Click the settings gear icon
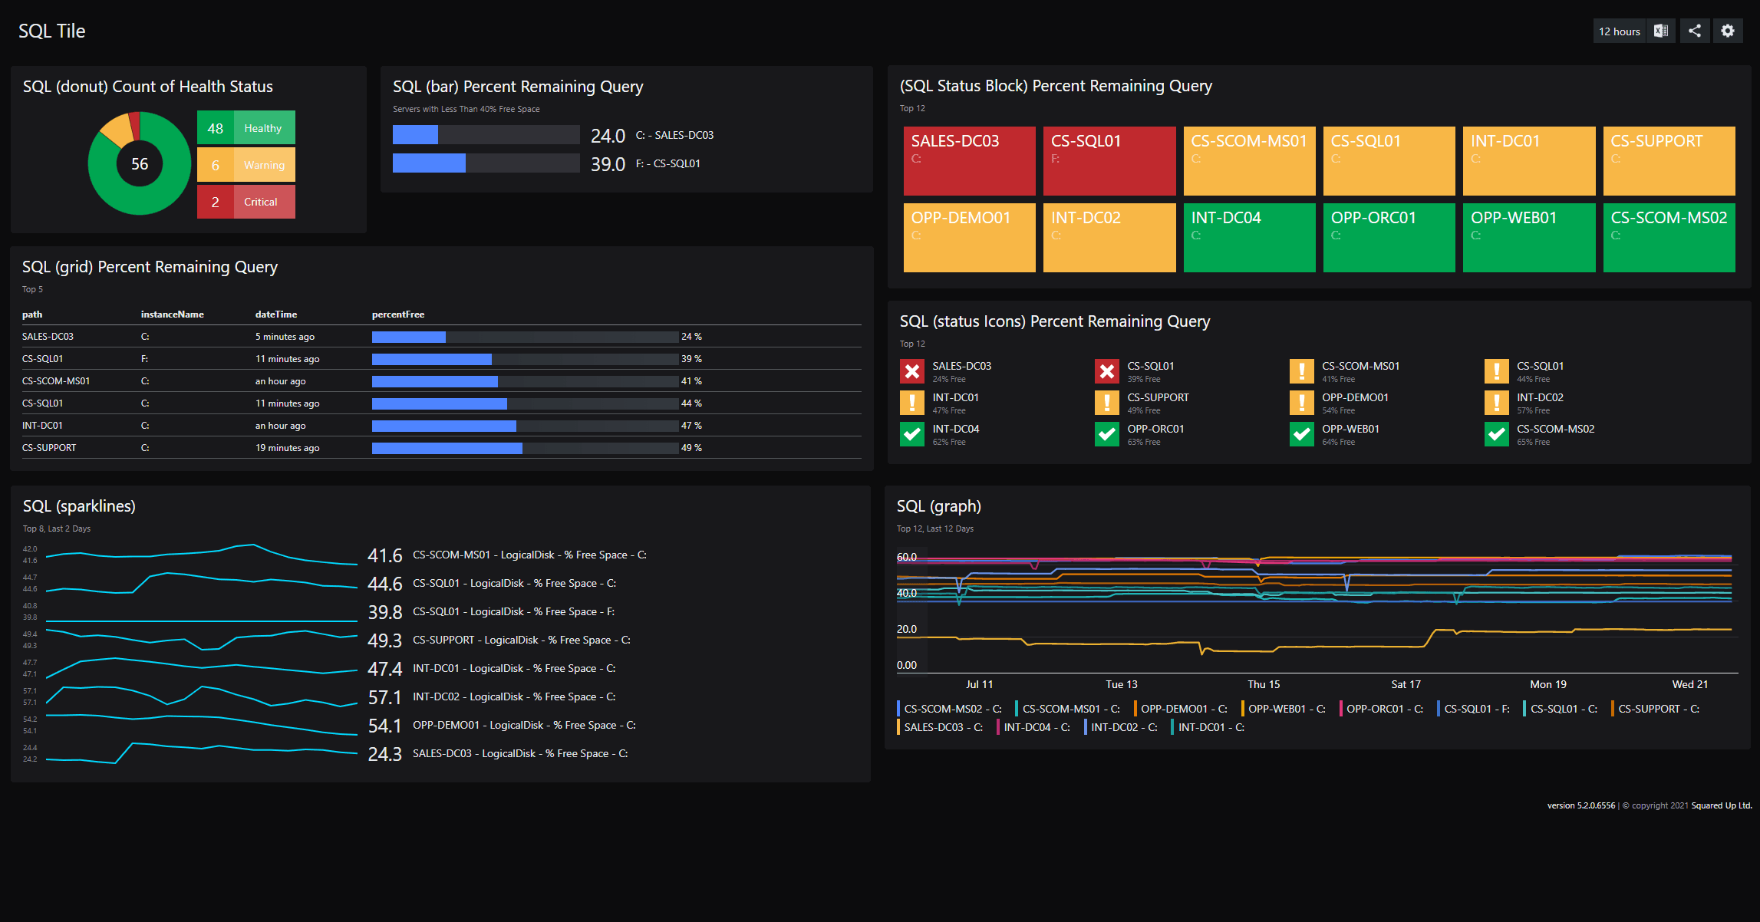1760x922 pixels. tap(1727, 31)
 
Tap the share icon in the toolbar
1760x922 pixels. tap(1695, 31)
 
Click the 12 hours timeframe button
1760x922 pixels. tap(1619, 31)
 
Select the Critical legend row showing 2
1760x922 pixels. tap(246, 202)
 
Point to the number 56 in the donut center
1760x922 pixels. tap(140, 164)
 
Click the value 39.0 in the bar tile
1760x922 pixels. tap(608, 164)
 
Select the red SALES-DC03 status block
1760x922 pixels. tap(969, 160)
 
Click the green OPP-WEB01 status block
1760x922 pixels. tap(1528, 237)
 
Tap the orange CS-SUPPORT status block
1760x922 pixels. tap(1669, 160)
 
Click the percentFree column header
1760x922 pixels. tap(398, 314)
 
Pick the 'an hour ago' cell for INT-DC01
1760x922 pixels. tap(280, 426)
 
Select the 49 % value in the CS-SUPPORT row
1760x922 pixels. tap(691, 448)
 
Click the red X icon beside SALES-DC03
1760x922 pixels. tap(911, 371)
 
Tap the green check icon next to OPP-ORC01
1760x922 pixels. tap(1106, 434)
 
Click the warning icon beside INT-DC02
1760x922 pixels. tap(1496, 403)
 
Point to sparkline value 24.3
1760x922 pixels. tap(384, 754)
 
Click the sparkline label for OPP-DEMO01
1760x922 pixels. tap(524, 725)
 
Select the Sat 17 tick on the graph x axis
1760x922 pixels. tap(1406, 684)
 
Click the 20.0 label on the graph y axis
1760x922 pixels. tap(907, 629)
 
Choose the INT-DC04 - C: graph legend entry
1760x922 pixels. tap(1036, 727)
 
